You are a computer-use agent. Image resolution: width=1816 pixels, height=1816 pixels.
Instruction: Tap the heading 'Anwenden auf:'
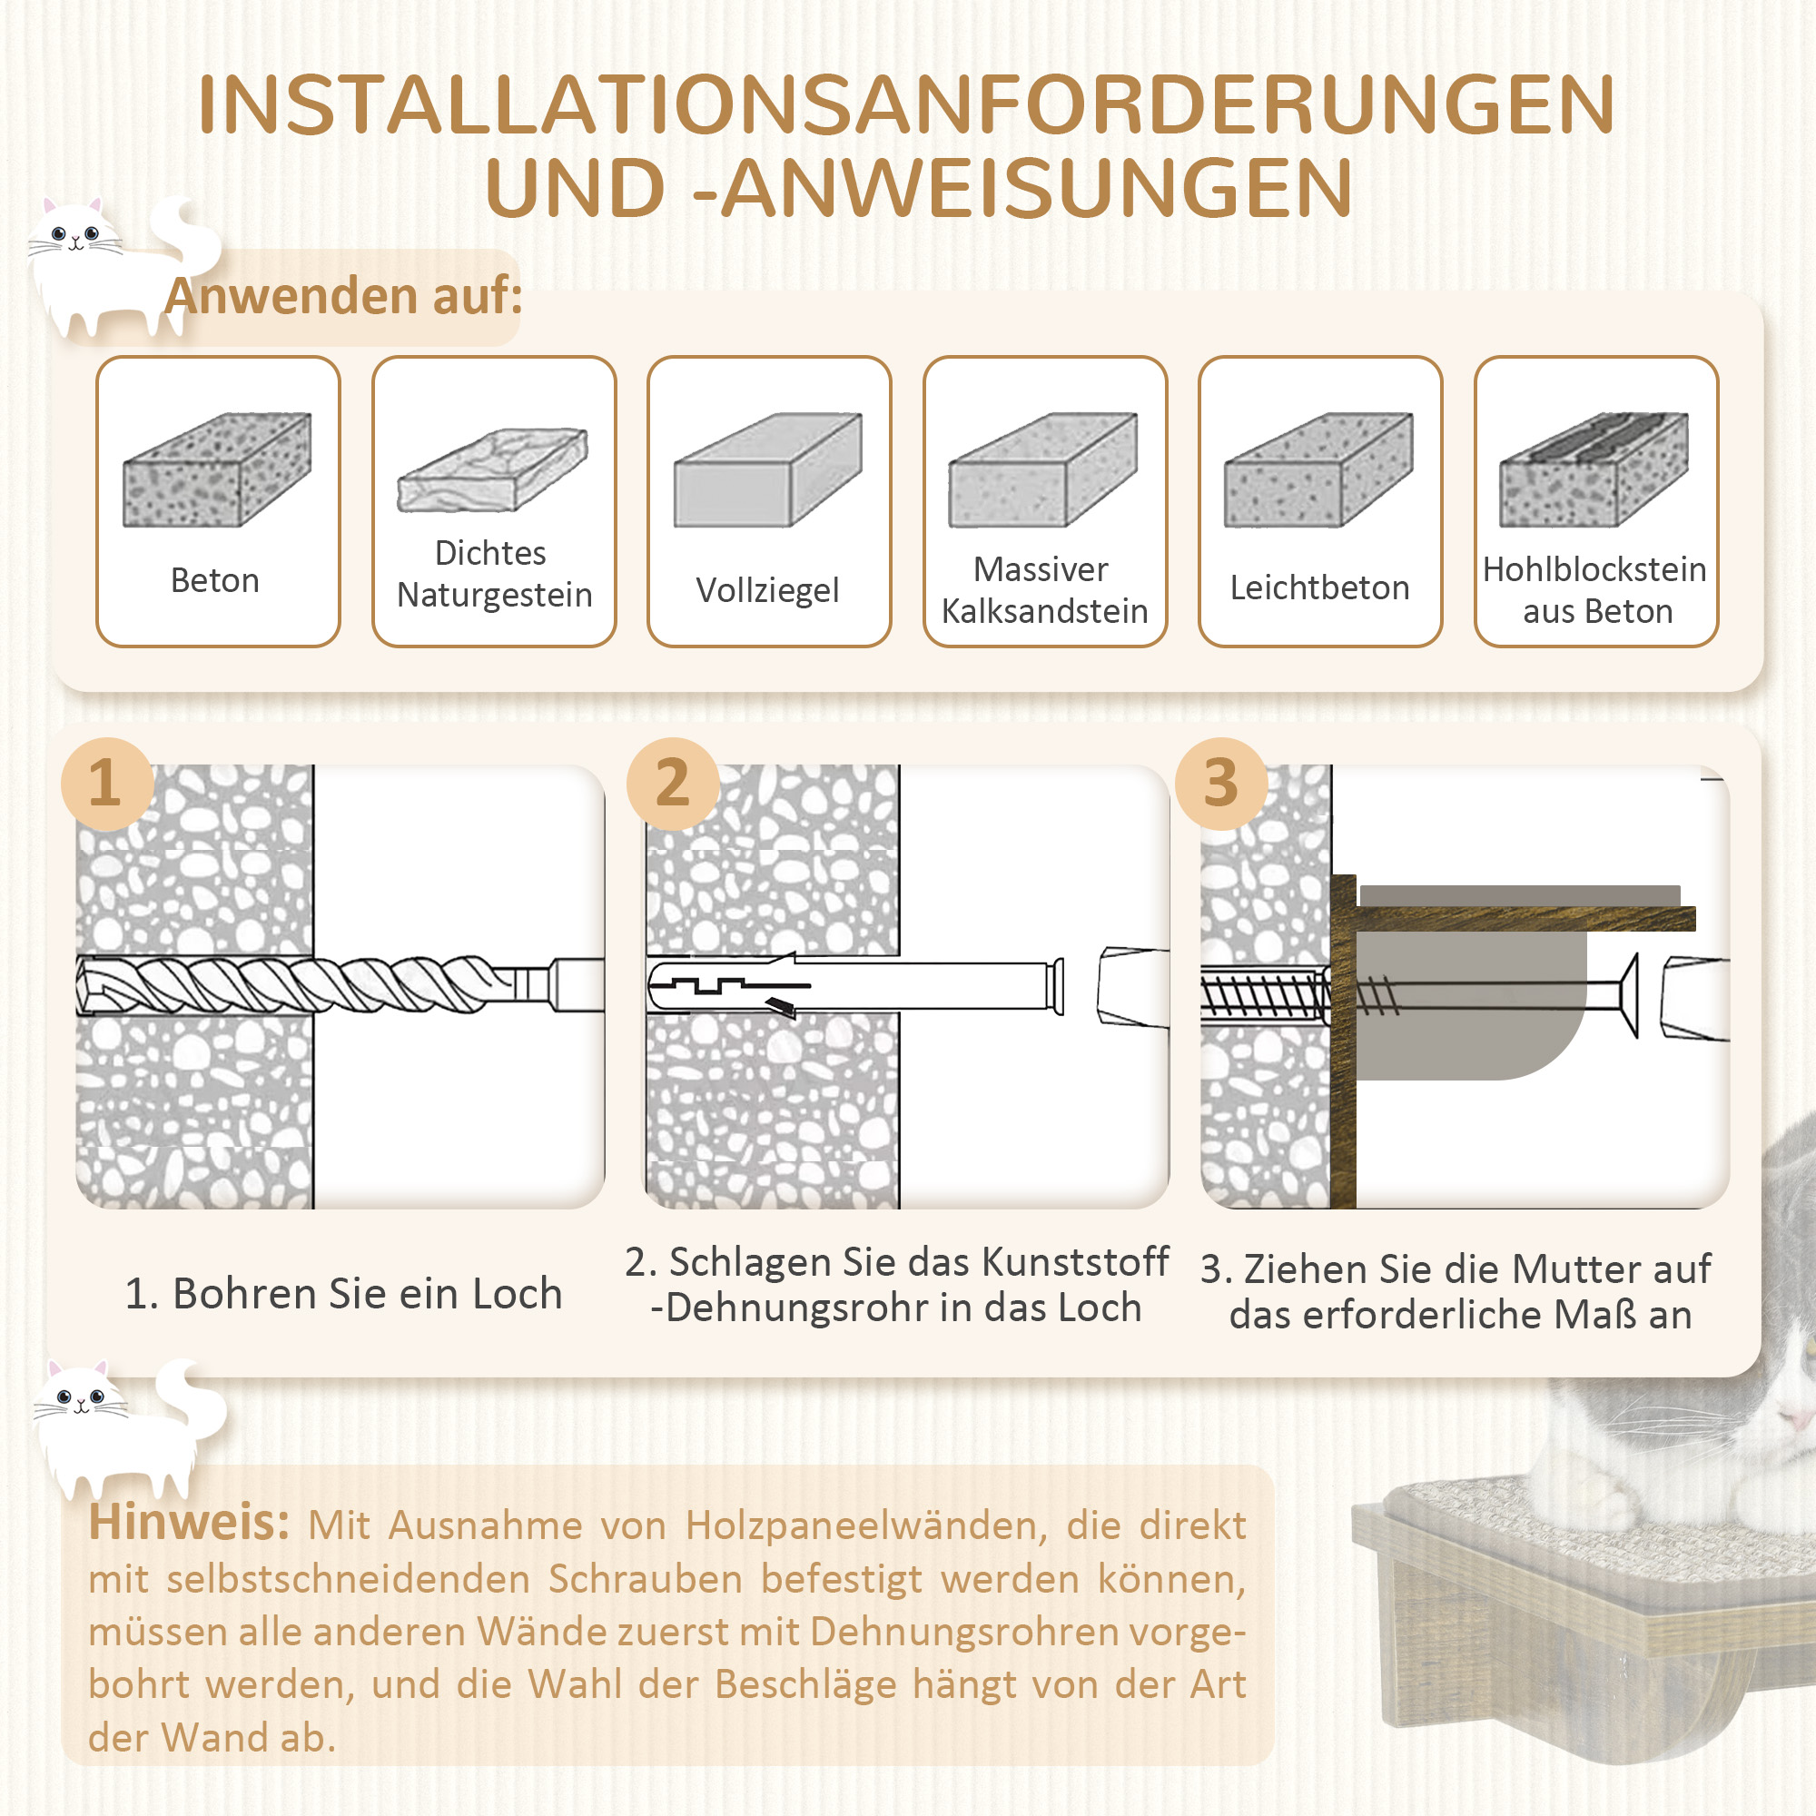(343, 296)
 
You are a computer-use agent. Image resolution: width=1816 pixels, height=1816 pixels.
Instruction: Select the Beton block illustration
(217, 470)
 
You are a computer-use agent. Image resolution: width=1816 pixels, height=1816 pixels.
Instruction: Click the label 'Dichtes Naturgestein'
(493, 573)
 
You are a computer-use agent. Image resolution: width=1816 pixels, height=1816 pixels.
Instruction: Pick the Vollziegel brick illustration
(768, 470)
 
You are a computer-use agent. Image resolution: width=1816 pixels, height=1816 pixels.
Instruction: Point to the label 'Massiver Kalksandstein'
(1044, 590)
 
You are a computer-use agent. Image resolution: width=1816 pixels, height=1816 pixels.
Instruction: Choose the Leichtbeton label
(1319, 587)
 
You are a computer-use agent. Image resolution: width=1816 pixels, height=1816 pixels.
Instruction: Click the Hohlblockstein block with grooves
(1594, 470)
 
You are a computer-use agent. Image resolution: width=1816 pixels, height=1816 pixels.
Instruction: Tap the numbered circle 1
(106, 783)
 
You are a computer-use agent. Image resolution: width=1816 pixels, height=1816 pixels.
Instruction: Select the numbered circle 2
(673, 783)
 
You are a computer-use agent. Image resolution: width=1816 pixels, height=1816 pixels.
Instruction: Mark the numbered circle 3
(1220, 783)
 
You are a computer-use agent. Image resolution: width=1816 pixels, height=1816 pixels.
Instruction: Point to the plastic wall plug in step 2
(846, 986)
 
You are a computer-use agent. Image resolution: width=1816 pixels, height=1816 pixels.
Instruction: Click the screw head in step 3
(1629, 995)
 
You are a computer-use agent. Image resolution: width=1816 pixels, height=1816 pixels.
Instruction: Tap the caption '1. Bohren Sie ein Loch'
(343, 1293)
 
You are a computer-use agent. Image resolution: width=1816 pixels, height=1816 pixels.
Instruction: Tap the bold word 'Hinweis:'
(189, 1523)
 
